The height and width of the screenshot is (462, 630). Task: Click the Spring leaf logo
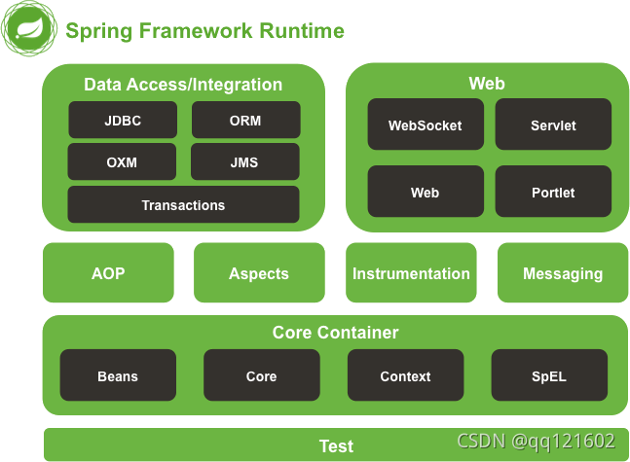tap(26, 30)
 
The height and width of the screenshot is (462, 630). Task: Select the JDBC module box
tap(122, 121)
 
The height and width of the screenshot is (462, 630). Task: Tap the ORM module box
tap(245, 121)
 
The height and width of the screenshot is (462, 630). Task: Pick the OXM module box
tap(122, 162)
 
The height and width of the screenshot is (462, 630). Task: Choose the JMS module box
tap(245, 162)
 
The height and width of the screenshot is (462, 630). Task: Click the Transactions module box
tap(183, 205)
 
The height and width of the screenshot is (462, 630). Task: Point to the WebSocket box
tap(425, 125)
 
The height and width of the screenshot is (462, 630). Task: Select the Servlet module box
tap(553, 125)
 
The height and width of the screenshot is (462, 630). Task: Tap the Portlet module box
tap(553, 193)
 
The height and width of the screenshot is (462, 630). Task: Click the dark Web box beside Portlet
tap(425, 193)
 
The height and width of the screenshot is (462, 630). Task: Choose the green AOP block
tap(108, 273)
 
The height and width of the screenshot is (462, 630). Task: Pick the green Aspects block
tap(259, 273)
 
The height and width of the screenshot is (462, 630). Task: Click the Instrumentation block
tap(411, 273)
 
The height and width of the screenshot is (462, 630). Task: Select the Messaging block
tap(563, 273)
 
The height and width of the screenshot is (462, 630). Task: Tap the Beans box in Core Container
tap(118, 376)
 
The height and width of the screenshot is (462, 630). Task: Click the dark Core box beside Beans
tap(261, 376)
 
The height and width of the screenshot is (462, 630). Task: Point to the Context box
tap(405, 376)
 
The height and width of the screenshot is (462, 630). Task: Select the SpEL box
tap(549, 376)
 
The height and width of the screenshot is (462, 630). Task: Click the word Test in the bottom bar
tap(336, 445)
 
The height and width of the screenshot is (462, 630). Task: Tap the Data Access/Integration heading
tap(183, 85)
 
